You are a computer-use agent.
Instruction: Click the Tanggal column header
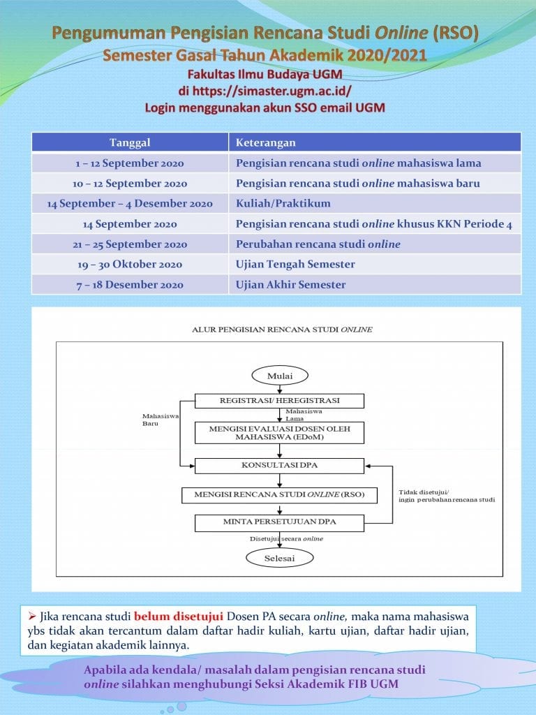(x=130, y=142)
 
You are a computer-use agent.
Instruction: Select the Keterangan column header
(x=375, y=142)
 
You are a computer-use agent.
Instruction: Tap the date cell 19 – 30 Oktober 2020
(x=130, y=265)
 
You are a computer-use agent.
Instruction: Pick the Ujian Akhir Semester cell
(x=375, y=285)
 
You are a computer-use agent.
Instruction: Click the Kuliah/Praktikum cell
(x=375, y=203)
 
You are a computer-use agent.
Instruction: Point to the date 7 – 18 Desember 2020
(x=130, y=285)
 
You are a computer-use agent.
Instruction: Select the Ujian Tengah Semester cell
(x=375, y=265)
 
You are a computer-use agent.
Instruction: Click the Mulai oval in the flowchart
(x=280, y=376)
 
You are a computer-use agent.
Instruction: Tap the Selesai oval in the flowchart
(x=279, y=558)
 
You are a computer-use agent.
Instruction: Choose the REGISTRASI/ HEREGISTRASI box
(x=279, y=401)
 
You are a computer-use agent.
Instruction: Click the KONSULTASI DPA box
(x=279, y=466)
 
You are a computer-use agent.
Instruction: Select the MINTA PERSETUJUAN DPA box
(x=279, y=523)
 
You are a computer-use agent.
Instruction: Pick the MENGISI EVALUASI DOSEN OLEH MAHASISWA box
(x=279, y=433)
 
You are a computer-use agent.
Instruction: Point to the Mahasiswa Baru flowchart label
(x=160, y=420)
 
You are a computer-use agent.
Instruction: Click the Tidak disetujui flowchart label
(x=447, y=496)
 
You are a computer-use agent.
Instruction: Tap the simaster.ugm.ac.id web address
(x=271, y=91)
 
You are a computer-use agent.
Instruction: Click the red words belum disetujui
(x=178, y=617)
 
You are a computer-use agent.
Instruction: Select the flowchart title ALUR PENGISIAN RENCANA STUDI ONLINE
(x=282, y=330)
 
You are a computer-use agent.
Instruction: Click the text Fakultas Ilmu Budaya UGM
(x=265, y=74)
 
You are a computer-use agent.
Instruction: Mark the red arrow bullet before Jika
(x=32, y=617)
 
